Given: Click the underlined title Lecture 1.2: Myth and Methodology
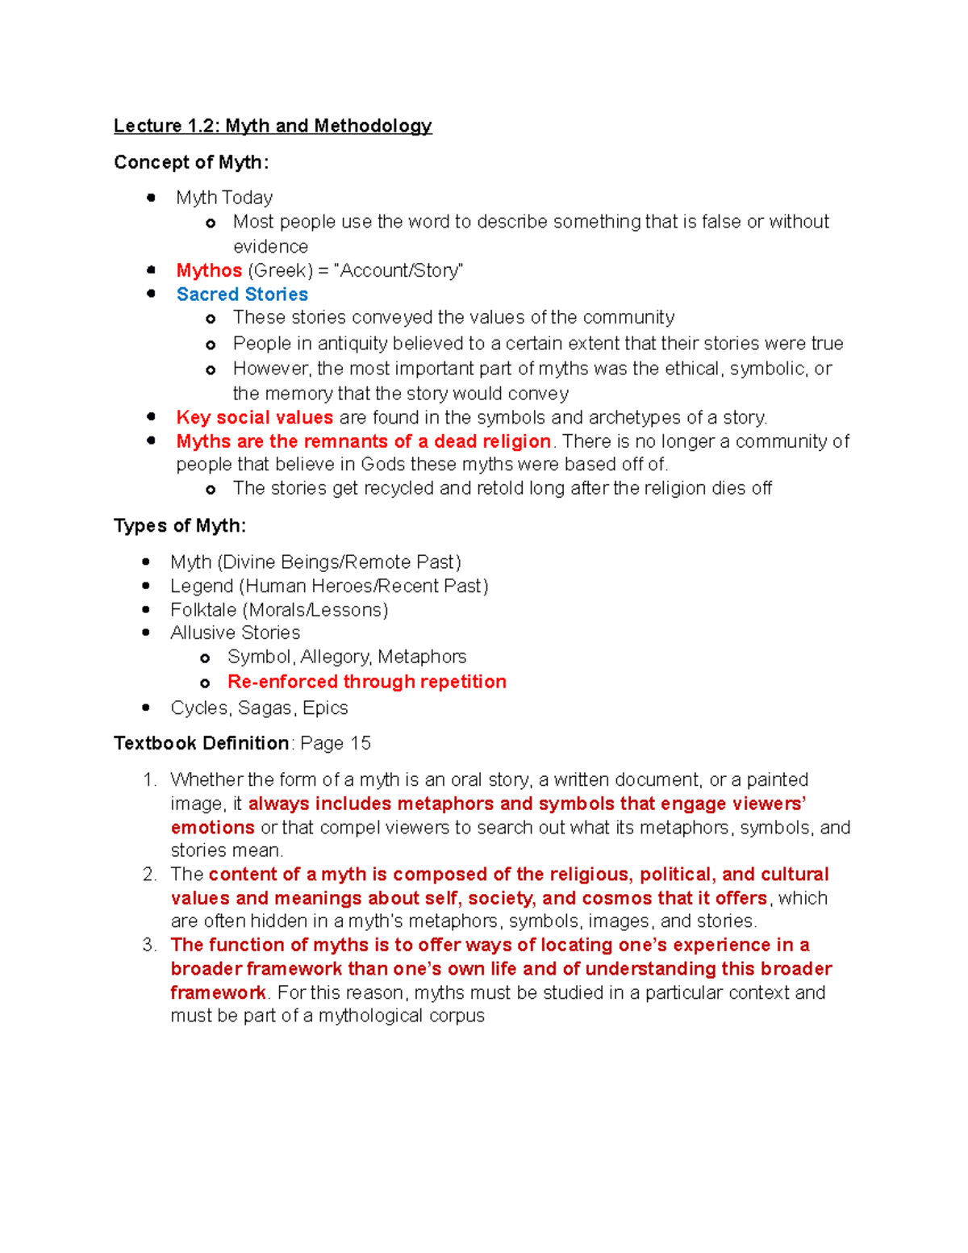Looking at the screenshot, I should [x=273, y=126].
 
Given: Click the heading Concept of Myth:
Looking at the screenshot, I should [x=191, y=162].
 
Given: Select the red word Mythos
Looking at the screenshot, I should [x=209, y=270].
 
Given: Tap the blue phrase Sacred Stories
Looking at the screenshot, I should [x=242, y=294].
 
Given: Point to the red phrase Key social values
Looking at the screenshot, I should [x=254, y=417].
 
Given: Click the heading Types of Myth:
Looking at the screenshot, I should [x=180, y=526].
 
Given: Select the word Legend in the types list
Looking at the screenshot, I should [x=202, y=586].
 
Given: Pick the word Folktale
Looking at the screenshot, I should [x=203, y=610].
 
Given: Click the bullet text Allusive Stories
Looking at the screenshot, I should [x=235, y=633].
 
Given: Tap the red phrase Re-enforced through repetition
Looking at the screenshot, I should [x=366, y=682].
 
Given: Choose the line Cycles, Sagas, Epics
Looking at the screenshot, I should [x=259, y=708].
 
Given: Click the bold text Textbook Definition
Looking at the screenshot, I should [x=201, y=743].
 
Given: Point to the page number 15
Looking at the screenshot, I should [x=361, y=743].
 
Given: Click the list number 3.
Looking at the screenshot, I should [x=148, y=945].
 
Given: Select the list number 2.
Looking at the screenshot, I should [x=148, y=875].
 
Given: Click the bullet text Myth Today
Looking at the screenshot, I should [x=224, y=198].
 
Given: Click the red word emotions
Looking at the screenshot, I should [x=212, y=828].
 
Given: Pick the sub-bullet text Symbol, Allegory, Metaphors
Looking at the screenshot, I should [x=347, y=657].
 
